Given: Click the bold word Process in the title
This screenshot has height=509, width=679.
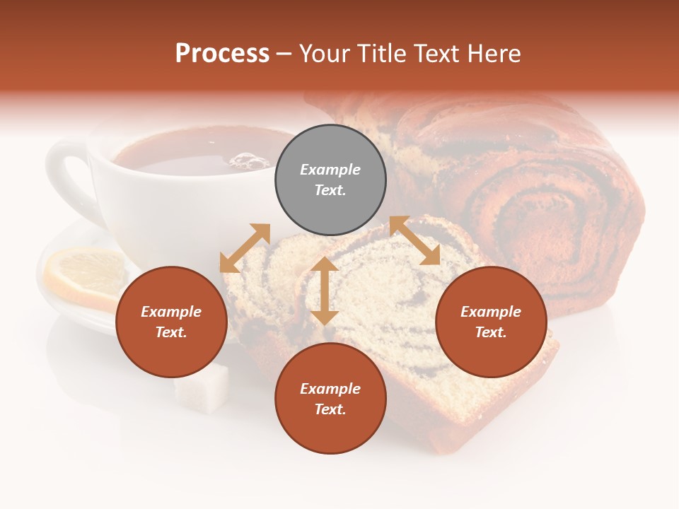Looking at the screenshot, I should (x=222, y=54).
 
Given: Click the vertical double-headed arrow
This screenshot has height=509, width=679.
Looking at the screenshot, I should (x=325, y=291).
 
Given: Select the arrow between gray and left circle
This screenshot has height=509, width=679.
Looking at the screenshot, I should (x=245, y=248).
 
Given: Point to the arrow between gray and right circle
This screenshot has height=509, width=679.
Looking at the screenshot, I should (x=414, y=241).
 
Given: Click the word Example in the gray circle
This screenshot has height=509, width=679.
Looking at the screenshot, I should (x=330, y=170).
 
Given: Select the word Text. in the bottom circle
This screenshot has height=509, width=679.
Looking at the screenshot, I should (x=330, y=409).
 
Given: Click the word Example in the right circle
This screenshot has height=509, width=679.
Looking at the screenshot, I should (x=491, y=312).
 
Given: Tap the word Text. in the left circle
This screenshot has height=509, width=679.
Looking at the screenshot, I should (x=171, y=332).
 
